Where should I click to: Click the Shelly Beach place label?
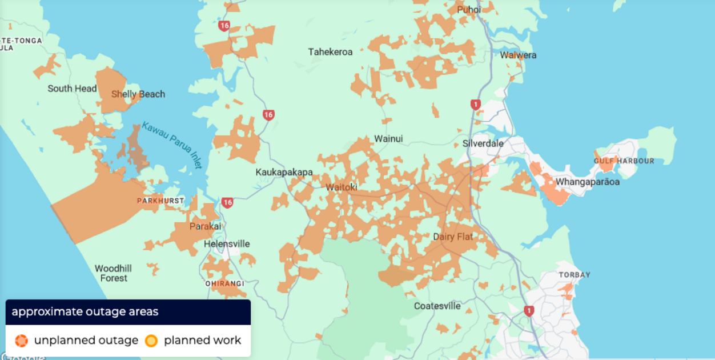pyautogui.click(x=138, y=94)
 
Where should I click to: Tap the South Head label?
pyautogui.click(x=72, y=89)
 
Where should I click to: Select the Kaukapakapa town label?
pyautogui.click(x=284, y=172)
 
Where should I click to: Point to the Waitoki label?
pyautogui.click(x=342, y=187)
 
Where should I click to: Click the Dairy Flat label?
pyautogui.click(x=453, y=237)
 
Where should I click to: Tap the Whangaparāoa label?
pyautogui.click(x=588, y=182)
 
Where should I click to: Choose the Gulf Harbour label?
pyautogui.click(x=624, y=161)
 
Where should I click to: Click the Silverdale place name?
pyautogui.click(x=483, y=143)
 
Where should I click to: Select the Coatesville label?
pyautogui.click(x=437, y=306)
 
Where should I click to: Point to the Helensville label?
pyautogui.click(x=227, y=244)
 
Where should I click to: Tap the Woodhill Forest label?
pyautogui.click(x=113, y=273)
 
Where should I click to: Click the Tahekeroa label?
pyautogui.click(x=330, y=52)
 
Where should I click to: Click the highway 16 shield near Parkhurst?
pyautogui.click(x=227, y=202)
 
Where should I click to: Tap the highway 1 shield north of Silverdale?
pyautogui.click(x=475, y=105)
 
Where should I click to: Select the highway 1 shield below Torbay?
pyautogui.click(x=529, y=311)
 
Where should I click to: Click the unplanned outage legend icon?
pyautogui.click(x=21, y=341)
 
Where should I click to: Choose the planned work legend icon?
pyautogui.click(x=151, y=341)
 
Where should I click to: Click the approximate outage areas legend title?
pyautogui.click(x=85, y=312)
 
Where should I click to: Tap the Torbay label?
pyautogui.click(x=575, y=275)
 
